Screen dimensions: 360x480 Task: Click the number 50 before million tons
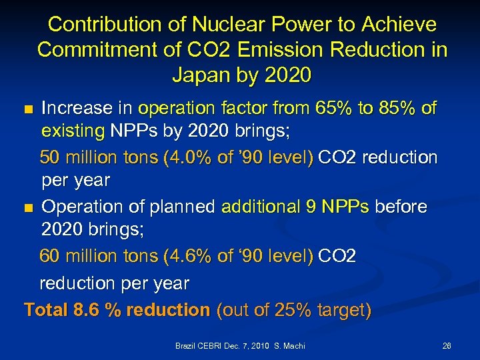tap(51, 157)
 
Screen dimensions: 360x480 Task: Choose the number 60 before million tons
tap(51, 257)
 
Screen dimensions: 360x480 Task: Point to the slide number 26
tap(447, 346)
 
